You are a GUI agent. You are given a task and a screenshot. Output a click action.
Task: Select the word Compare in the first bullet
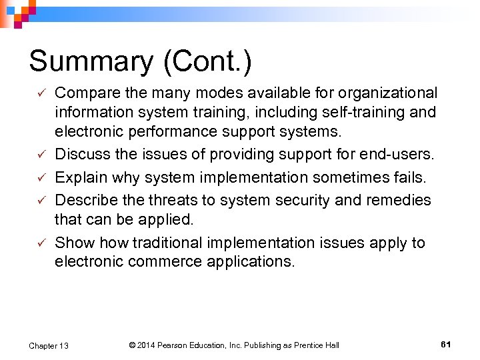click(85, 93)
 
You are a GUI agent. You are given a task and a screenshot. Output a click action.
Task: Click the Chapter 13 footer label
click(49, 345)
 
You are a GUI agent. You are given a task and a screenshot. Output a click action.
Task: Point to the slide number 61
click(446, 344)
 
